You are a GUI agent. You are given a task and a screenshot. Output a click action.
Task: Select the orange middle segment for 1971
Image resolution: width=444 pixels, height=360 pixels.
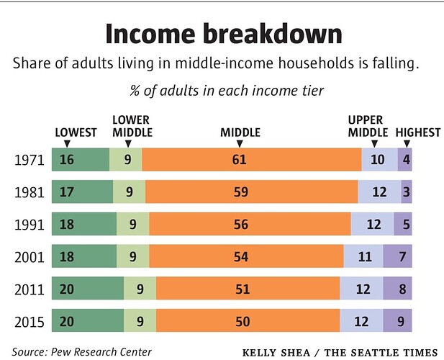(252, 159)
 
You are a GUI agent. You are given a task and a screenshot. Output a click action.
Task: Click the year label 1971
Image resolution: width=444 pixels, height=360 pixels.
(29, 159)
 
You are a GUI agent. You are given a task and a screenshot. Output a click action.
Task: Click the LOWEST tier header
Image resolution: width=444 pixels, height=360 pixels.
(76, 132)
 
